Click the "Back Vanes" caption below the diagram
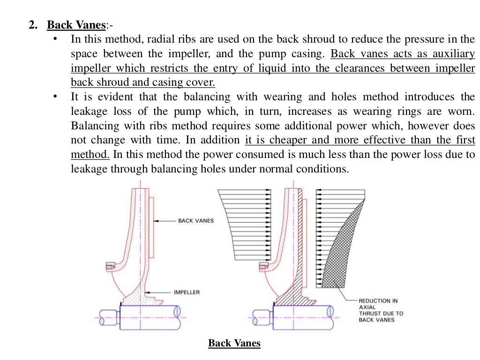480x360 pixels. [x=234, y=344]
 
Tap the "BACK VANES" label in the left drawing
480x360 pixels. [x=195, y=221]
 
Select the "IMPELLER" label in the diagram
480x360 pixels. [x=187, y=292]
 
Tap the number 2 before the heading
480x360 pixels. [x=32, y=25]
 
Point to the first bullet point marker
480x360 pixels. [x=55, y=39]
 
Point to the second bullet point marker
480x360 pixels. [x=55, y=97]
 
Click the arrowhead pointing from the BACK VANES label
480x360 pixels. [x=157, y=221]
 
